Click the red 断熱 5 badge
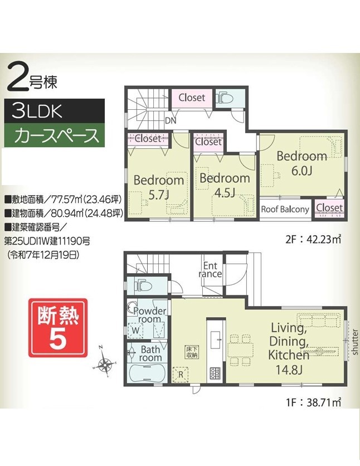click(x=58, y=328)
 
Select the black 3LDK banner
click(x=54, y=110)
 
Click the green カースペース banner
click(x=54, y=135)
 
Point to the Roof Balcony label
click(x=285, y=209)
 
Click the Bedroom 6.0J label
click(x=302, y=163)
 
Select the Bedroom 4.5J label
click(x=225, y=185)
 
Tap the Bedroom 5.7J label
click(x=159, y=187)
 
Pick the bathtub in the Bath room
click(x=148, y=373)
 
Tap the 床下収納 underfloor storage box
click(x=192, y=352)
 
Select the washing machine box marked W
click(x=135, y=330)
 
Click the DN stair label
click(x=171, y=120)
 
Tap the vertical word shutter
click(x=354, y=342)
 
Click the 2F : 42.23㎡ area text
click(x=313, y=239)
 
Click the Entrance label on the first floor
click(x=210, y=270)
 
